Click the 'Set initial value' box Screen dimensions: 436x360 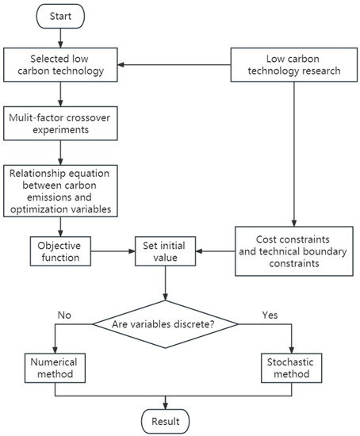[x=165, y=251]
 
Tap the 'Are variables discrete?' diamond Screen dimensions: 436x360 [x=165, y=322]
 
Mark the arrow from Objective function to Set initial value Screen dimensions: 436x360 [x=111, y=251]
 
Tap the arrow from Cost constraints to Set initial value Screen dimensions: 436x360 [x=214, y=251]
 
